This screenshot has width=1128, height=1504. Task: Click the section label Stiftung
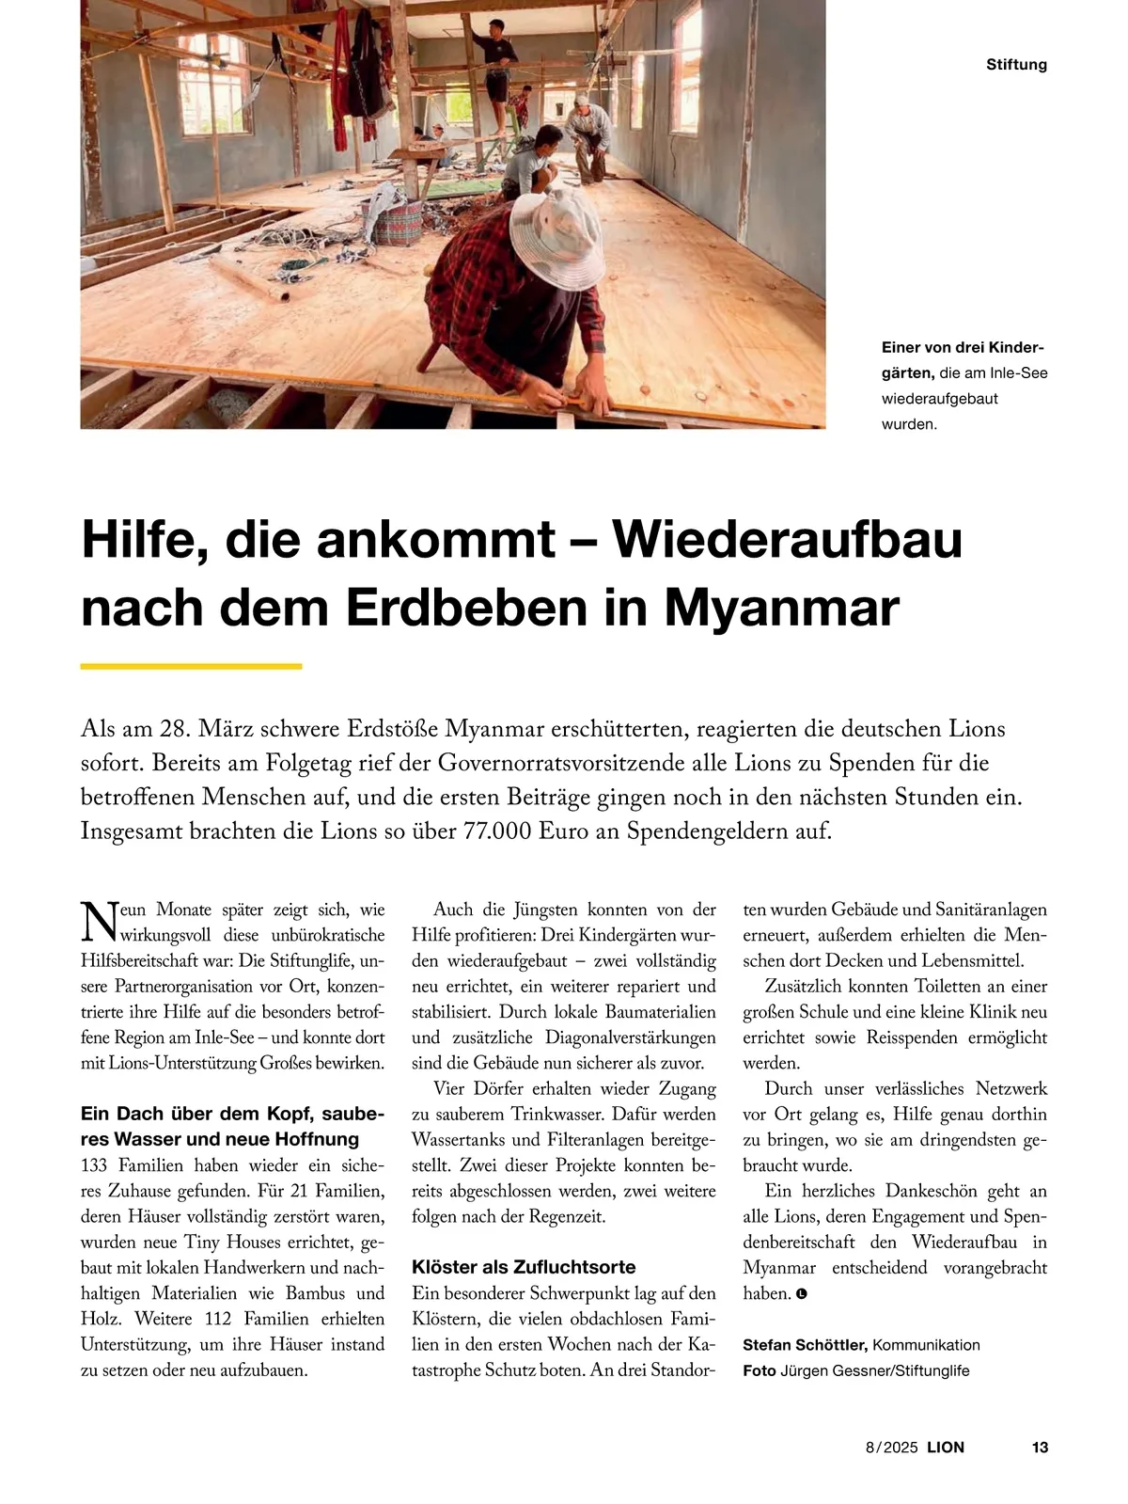1016,65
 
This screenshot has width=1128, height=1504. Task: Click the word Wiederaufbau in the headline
788,539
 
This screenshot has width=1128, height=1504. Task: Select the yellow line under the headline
191,666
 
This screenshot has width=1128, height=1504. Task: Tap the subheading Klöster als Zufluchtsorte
524,1267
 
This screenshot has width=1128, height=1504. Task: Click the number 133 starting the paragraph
94,1165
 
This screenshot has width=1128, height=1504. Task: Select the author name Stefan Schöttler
804,1345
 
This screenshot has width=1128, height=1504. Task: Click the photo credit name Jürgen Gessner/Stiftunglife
874,1370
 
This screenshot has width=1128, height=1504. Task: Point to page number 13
1039,1448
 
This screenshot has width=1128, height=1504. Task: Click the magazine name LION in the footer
946,1448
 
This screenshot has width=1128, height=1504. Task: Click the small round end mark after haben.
802,1294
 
